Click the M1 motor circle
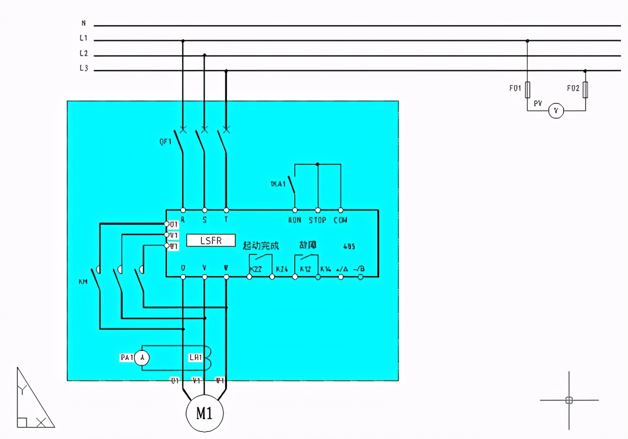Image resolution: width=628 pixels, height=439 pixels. point(204,413)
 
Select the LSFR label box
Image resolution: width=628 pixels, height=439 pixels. point(211,240)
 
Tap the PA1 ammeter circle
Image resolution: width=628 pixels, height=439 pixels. point(143,358)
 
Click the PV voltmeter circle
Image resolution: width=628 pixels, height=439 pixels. point(556,111)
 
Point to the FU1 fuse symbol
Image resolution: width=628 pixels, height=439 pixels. point(527,90)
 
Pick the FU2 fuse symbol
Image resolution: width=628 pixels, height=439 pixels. point(586,90)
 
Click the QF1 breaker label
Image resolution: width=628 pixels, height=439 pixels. point(166,142)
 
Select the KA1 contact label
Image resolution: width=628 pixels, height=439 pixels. point(278,184)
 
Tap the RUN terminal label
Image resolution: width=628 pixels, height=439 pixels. point(295,221)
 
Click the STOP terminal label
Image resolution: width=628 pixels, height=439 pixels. point(318,221)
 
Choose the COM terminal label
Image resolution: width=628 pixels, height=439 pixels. point(340,221)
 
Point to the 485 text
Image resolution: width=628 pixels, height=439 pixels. point(349,247)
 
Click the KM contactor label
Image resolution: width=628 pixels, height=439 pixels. point(83,282)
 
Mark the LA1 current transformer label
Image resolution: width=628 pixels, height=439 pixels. point(196,358)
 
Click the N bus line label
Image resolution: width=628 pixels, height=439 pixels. point(83,23)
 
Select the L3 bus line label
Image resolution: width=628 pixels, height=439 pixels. point(83,69)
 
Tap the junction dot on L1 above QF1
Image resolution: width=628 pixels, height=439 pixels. point(183,40)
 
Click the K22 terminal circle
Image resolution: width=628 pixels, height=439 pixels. point(249,277)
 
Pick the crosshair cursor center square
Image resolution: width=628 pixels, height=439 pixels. point(569,400)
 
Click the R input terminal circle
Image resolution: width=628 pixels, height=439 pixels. point(183,210)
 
